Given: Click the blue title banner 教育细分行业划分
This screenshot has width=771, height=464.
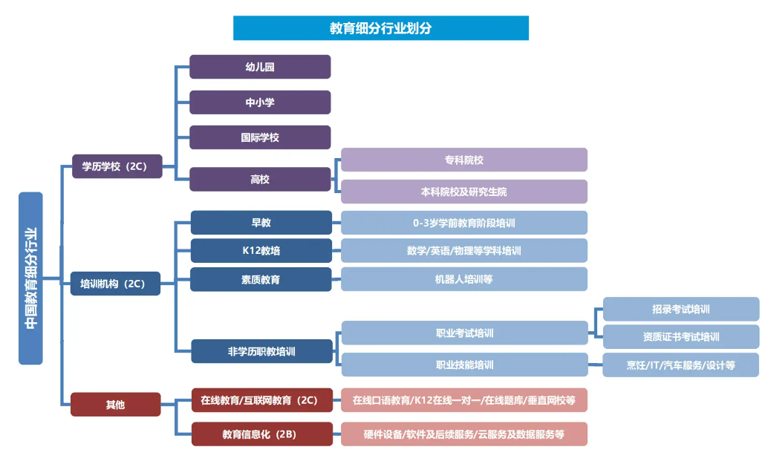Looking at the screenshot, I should tap(380, 28).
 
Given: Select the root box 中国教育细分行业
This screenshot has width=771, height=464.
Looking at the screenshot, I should tap(30, 278).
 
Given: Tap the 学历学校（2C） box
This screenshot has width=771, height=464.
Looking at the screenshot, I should tap(117, 166).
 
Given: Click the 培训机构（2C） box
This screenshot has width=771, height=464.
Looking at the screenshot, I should tap(115, 283).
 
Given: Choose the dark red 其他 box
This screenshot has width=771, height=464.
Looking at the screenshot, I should tap(115, 405).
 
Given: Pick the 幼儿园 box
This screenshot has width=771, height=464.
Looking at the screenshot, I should tap(260, 67).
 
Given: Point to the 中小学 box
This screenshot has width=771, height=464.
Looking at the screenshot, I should tap(260, 102).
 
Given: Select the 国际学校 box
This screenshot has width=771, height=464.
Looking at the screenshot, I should tap(260, 137).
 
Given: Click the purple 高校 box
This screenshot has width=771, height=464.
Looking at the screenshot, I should tap(260, 180).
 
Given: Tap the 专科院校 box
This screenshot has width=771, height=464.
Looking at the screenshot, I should tap(463, 160).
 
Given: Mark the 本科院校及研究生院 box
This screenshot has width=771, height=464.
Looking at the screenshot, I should tap(463, 192).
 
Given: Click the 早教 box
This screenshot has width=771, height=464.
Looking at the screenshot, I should tap(261, 223).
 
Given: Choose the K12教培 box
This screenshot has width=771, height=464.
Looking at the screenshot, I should tap(261, 250).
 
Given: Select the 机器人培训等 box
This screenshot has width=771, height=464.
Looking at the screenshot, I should tap(463, 279).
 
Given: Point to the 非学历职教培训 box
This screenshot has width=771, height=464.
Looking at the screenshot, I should tap(261, 351).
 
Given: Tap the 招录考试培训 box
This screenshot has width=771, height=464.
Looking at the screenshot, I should tap(680, 309).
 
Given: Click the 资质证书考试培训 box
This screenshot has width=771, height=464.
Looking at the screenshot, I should tap(680, 336).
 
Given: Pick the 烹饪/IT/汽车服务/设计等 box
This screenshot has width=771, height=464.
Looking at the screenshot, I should tap(680, 365).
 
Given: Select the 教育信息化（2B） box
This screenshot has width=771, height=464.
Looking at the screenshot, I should tap(261, 434).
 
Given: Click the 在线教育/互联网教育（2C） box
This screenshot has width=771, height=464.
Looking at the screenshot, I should tap(261, 400).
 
